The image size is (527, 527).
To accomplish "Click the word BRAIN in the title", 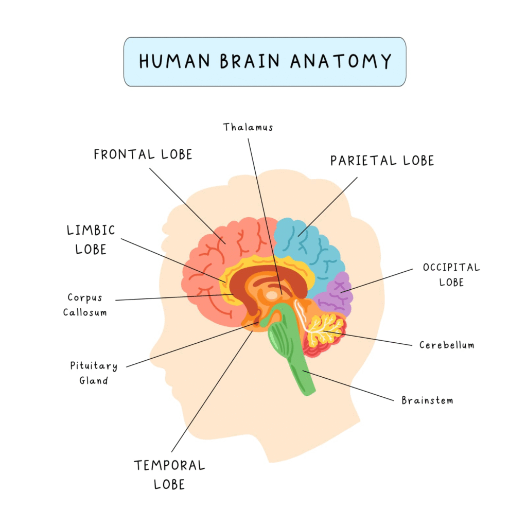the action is (250, 61).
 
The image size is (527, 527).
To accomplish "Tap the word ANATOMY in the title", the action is (341, 61).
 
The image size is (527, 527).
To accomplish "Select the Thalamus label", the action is (248, 127).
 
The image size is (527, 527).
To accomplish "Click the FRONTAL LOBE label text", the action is (143, 154).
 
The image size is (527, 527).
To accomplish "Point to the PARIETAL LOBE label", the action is (382, 161).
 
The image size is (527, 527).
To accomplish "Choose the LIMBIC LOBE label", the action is (91, 240).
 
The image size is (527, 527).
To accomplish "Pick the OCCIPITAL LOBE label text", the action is (451, 275).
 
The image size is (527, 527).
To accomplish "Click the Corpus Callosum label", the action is (85, 305).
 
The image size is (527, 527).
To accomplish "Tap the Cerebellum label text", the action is (447, 345).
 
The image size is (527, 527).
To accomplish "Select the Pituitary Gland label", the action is (94, 373).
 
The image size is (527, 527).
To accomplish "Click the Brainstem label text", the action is (427, 400).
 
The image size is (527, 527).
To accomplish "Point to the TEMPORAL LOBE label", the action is (169, 475).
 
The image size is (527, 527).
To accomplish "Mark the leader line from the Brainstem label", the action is (348, 386).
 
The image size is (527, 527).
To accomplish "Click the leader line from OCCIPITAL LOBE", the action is (376, 280).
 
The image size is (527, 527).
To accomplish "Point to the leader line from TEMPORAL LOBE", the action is (212, 392).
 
